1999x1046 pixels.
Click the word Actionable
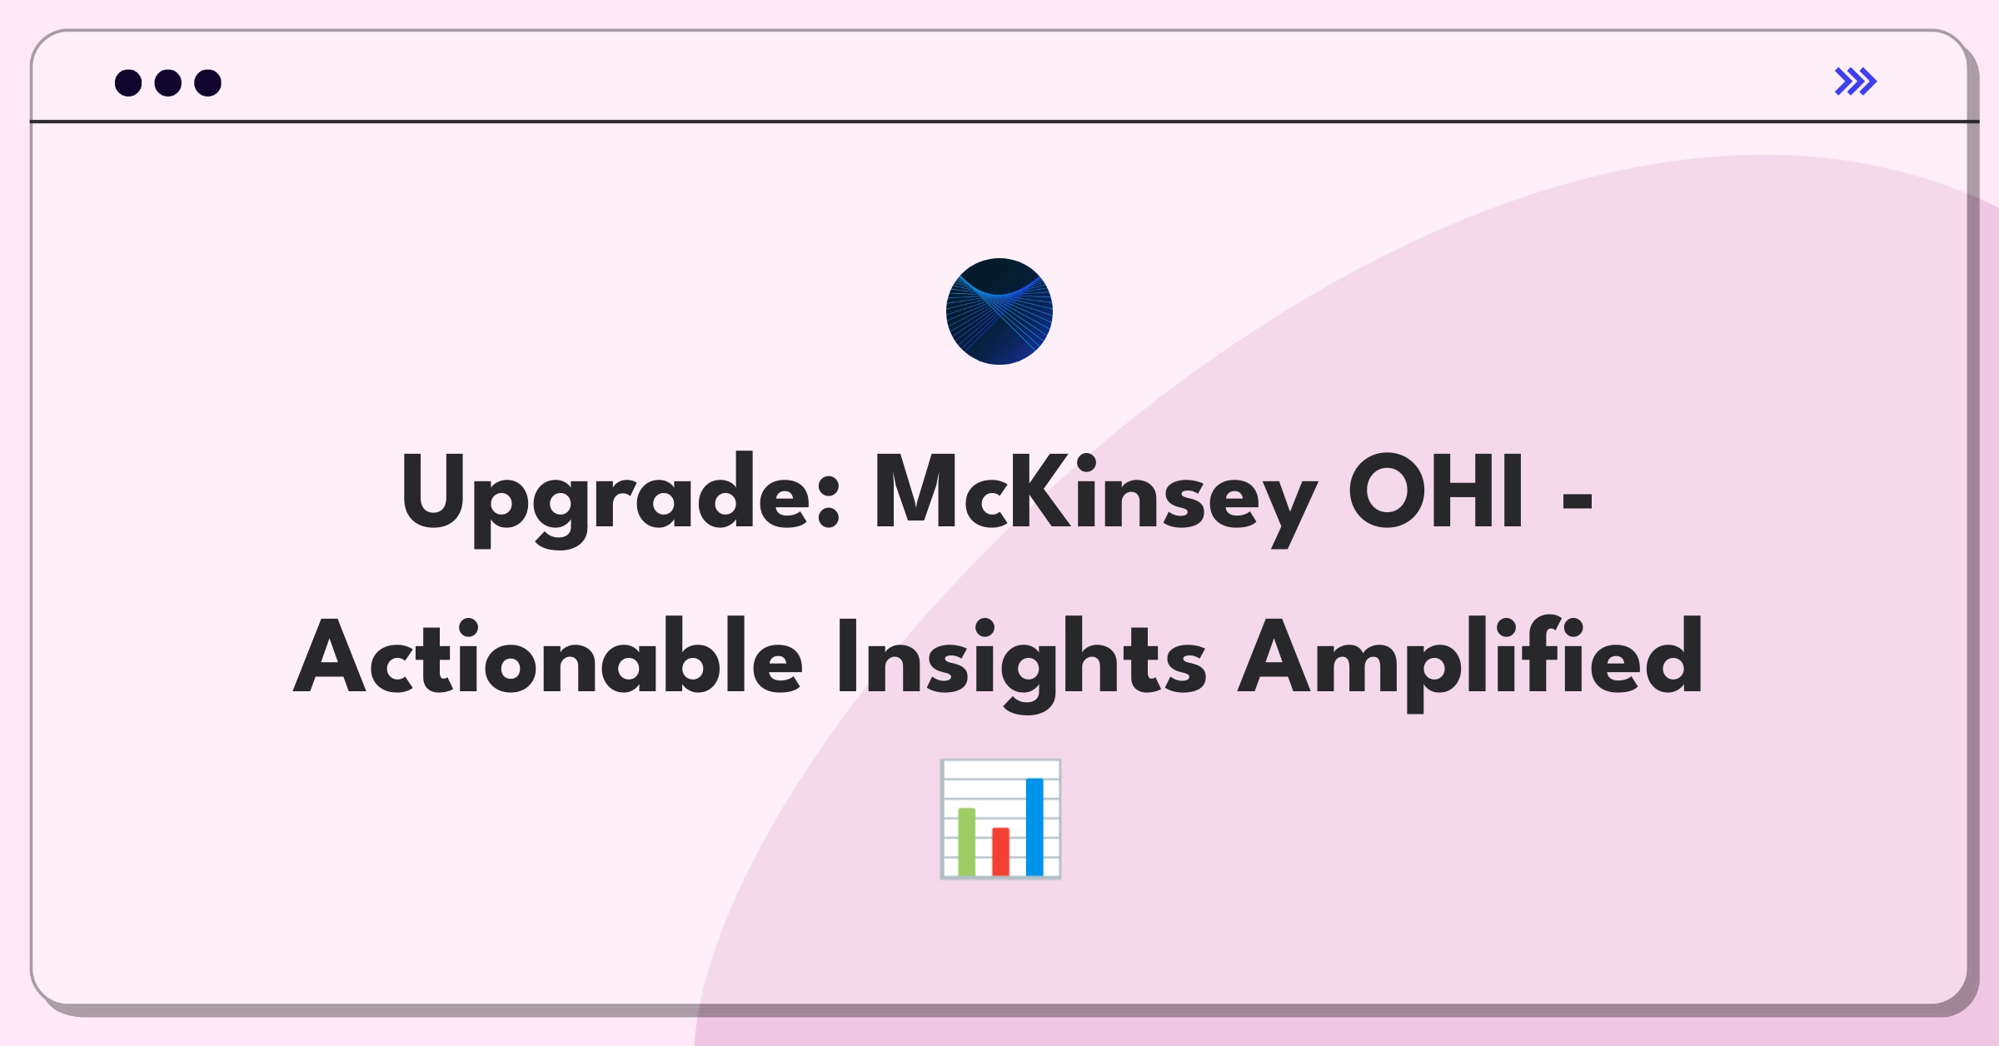pyautogui.click(x=547, y=658)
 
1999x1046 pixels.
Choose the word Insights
pyautogui.click(x=1021, y=658)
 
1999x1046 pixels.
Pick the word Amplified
pyautogui.click(x=1471, y=658)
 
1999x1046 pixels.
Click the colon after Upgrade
pyautogui.click(x=828, y=503)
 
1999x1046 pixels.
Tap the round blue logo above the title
pyautogui.click(x=999, y=311)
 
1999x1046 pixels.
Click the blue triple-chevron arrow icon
pyautogui.click(x=1856, y=82)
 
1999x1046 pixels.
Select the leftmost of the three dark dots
pyautogui.click(x=128, y=83)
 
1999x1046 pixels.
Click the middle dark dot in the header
pyautogui.click(x=168, y=83)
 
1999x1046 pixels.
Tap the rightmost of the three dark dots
pyautogui.click(x=208, y=83)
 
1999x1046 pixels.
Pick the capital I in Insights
pyautogui.click(x=847, y=658)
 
